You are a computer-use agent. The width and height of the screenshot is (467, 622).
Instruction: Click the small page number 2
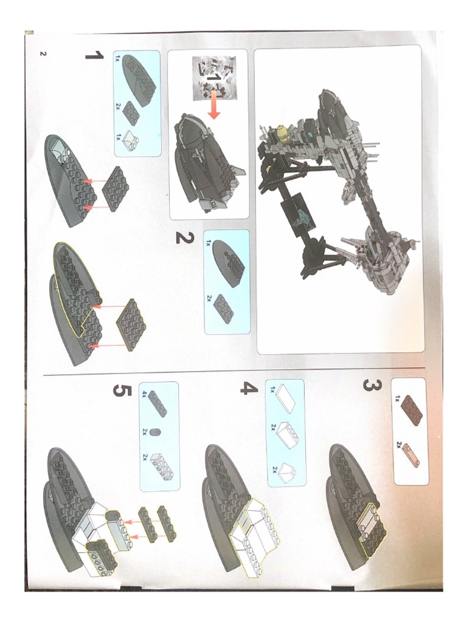[x=43, y=53]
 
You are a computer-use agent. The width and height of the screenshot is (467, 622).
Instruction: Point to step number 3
[x=372, y=386]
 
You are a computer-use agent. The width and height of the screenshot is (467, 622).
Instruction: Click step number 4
[x=249, y=388]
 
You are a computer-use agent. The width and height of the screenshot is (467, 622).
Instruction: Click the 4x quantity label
[x=145, y=394]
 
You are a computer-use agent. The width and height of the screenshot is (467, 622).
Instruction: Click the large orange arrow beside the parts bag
[x=213, y=104]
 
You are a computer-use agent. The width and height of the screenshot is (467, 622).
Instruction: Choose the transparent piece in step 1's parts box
[x=131, y=140]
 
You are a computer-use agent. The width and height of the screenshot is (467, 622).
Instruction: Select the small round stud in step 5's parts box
[x=157, y=432]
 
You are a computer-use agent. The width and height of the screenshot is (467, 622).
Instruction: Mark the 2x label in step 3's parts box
[x=399, y=445]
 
